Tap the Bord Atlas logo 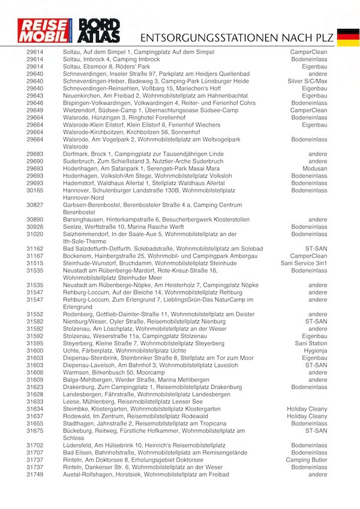pyautogui.click(x=101, y=30)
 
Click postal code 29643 pyautogui.click(x=35, y=95)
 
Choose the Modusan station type pyautogui.click(x=314, y=169)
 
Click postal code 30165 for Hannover pyautogui.click(x=35, y=190)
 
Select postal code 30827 pyautogui.click(x=35, y=205)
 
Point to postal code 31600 pyautogui.click(x=35, y=351)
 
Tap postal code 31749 pyautogui.click(x=35, y=474)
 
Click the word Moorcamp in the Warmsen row pyautogui.click(x=151, y=372)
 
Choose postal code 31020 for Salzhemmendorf pyautogui.click(x=35, y=234)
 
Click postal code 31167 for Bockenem pyautogui.click(x=35, y=256)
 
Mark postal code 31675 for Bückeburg pyautogui.click(x=35, y=430)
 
